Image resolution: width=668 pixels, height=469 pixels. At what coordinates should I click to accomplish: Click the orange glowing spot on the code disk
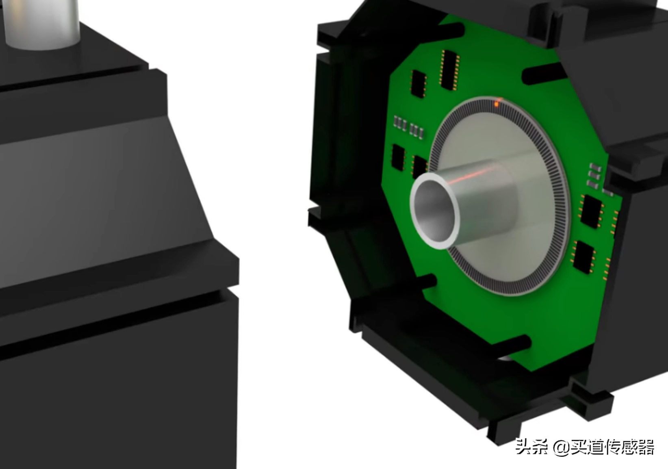497,104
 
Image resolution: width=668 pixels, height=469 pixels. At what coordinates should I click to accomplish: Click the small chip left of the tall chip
419,84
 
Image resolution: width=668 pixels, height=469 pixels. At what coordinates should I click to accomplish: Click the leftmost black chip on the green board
398,158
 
